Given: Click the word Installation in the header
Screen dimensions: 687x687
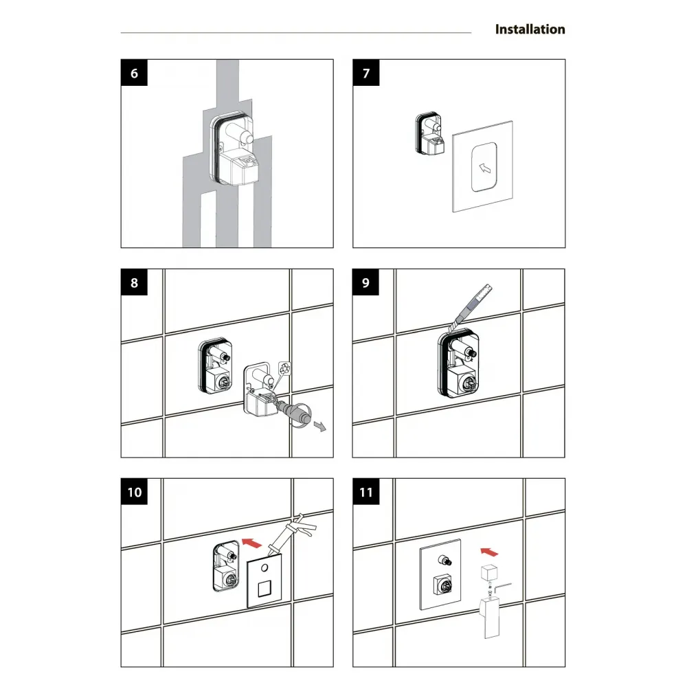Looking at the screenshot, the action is (530, 30).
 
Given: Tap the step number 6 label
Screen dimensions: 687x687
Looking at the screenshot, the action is (134, 73).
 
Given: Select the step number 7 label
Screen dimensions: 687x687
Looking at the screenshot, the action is (366, 73).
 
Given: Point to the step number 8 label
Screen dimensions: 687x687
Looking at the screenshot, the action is (134, 282).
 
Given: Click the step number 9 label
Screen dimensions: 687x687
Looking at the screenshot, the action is (366, 282).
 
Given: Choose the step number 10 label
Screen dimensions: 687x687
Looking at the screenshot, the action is (134, 492).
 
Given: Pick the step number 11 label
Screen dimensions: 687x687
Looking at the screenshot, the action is (366, 492).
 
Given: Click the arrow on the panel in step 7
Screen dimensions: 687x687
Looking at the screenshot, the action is (484, 168).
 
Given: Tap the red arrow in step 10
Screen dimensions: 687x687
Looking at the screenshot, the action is (251, 543).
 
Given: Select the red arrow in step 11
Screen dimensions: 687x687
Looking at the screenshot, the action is (489, 552).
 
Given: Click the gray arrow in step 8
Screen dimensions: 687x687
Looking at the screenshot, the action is (320, 426).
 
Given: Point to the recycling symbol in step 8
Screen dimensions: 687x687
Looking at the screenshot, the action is (285, 368).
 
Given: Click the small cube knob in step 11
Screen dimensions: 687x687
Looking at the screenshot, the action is (489, 572).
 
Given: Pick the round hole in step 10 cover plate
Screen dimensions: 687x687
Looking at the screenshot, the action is (264, 568).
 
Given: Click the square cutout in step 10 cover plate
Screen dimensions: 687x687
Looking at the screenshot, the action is (264, 589).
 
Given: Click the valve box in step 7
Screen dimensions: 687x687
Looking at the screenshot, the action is (429, 134).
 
